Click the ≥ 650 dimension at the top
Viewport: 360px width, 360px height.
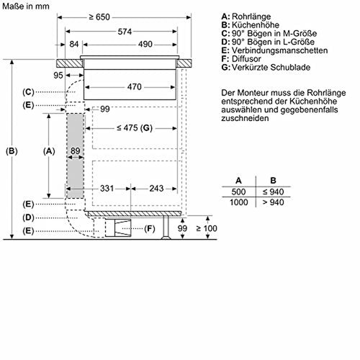[99, 17]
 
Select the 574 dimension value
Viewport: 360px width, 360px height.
[125, 32]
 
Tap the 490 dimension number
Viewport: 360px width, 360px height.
[145, 44]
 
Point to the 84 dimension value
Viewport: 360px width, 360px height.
[74, 44]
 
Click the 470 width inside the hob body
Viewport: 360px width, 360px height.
[135, 87]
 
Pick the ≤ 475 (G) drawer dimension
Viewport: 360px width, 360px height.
[135, 128]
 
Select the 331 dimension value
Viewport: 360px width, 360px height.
[107, 189]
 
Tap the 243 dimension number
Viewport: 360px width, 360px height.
[156, 189]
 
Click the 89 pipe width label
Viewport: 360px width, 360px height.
[76, 150]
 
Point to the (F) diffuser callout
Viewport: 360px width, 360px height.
[150, 229]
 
